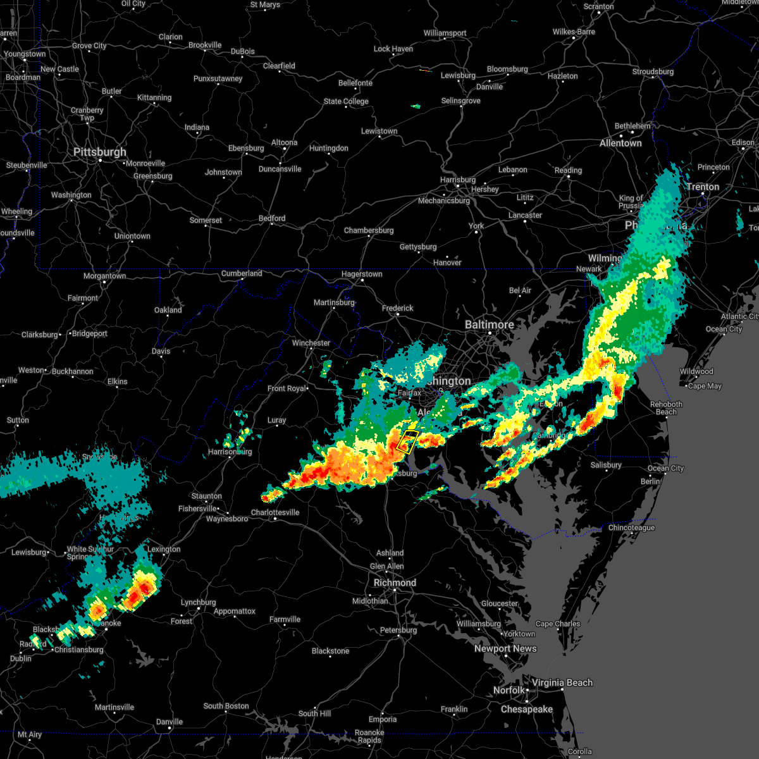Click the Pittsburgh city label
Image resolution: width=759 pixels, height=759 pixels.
100,152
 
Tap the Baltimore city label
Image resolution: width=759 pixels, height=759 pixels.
489,324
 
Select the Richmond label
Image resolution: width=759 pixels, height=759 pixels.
395,583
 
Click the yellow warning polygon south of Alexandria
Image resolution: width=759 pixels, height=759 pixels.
407,441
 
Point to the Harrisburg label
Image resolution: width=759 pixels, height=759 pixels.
457,180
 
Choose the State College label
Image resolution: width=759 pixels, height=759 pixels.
346,101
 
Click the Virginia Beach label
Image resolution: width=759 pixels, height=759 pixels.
562,682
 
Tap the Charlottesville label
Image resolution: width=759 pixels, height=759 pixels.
275,512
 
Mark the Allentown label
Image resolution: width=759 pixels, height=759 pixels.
620,144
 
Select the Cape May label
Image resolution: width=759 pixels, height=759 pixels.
705,386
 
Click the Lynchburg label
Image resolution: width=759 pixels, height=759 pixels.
198,602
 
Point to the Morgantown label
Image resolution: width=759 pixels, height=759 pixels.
104,276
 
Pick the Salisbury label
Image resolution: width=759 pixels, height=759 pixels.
605,465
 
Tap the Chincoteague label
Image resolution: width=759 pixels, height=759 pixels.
631,528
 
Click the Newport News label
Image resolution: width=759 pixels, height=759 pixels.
505,648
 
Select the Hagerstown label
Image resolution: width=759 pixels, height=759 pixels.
361,275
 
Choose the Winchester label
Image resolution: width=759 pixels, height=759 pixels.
311,343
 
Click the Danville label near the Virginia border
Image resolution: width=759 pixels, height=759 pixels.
170,722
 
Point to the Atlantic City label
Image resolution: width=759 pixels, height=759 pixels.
740,316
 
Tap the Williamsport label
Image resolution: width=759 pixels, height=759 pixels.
445,33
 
